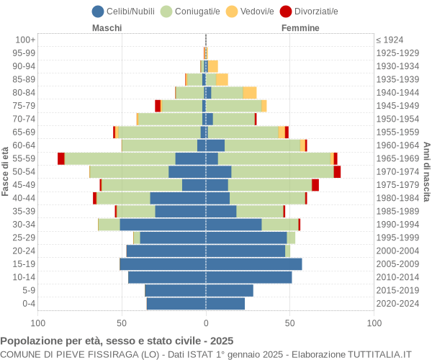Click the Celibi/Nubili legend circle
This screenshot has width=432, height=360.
(x=98, y=11)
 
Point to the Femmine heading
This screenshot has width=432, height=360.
(x=300, y=28)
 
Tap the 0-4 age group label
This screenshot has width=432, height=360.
(x=28, y=304)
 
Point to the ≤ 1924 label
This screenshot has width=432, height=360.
(x=390, y=40)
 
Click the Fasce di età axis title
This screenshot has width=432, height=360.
(x=6, y=171)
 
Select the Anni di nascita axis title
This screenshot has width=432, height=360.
(x=426, y=171)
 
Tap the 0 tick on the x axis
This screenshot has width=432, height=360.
(x=206, y=323)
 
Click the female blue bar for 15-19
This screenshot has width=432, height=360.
(x=253, y=264)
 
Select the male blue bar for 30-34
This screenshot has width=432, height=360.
(x=163, y=225)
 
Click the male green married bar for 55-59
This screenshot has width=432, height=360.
(x=120, y=158)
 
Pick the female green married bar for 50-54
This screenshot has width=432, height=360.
(x=282, y=171)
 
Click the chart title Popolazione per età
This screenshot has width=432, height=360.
(x=117, y=341)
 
